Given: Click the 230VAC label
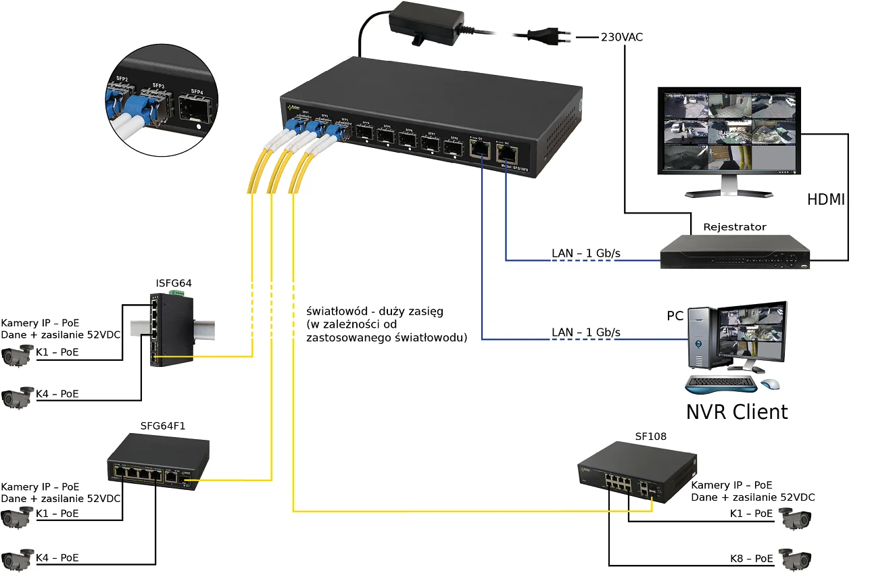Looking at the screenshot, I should (x=622, y=37).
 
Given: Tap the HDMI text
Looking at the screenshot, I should (x=826, y=200).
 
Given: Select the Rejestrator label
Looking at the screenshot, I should (x=735, y=227).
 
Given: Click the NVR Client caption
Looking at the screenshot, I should (x=737, y=412).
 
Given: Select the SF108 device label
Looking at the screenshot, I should (x=650, y=437).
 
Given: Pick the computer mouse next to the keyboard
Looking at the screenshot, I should (x=769, y=384).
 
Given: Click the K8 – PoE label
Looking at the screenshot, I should (x=751, y=559).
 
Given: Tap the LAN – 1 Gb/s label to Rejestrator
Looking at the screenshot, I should (x=586, y=253).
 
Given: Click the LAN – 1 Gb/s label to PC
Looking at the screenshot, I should (x=586, y=332).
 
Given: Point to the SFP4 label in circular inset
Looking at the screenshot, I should (x=197, y=91).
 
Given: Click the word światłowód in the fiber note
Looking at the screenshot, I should (x=336, y=312).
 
